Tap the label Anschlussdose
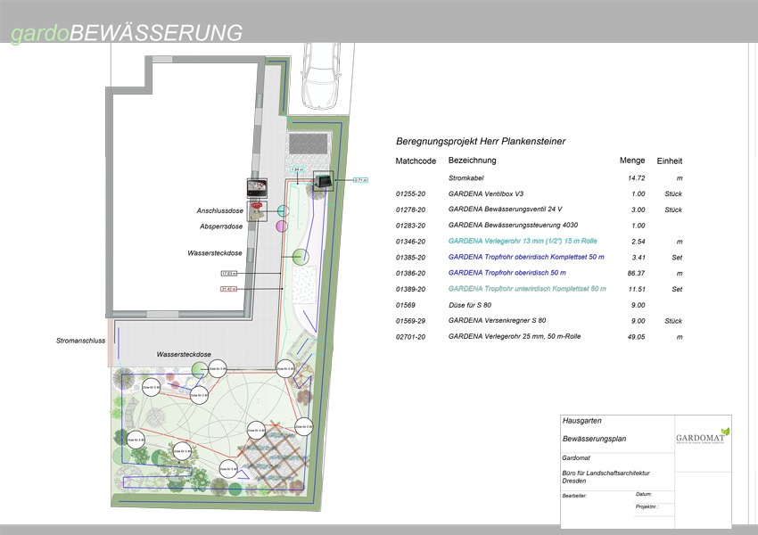pos(220,211)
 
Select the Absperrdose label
pos(222,226)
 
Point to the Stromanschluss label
pos(81,341)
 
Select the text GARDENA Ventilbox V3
pos(485,193)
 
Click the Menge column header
pos(631,160)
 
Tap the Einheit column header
pos(669,160)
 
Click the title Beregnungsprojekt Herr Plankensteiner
pos(481,141)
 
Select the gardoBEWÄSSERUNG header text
pos(126,33)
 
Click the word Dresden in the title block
pos(575,481)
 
